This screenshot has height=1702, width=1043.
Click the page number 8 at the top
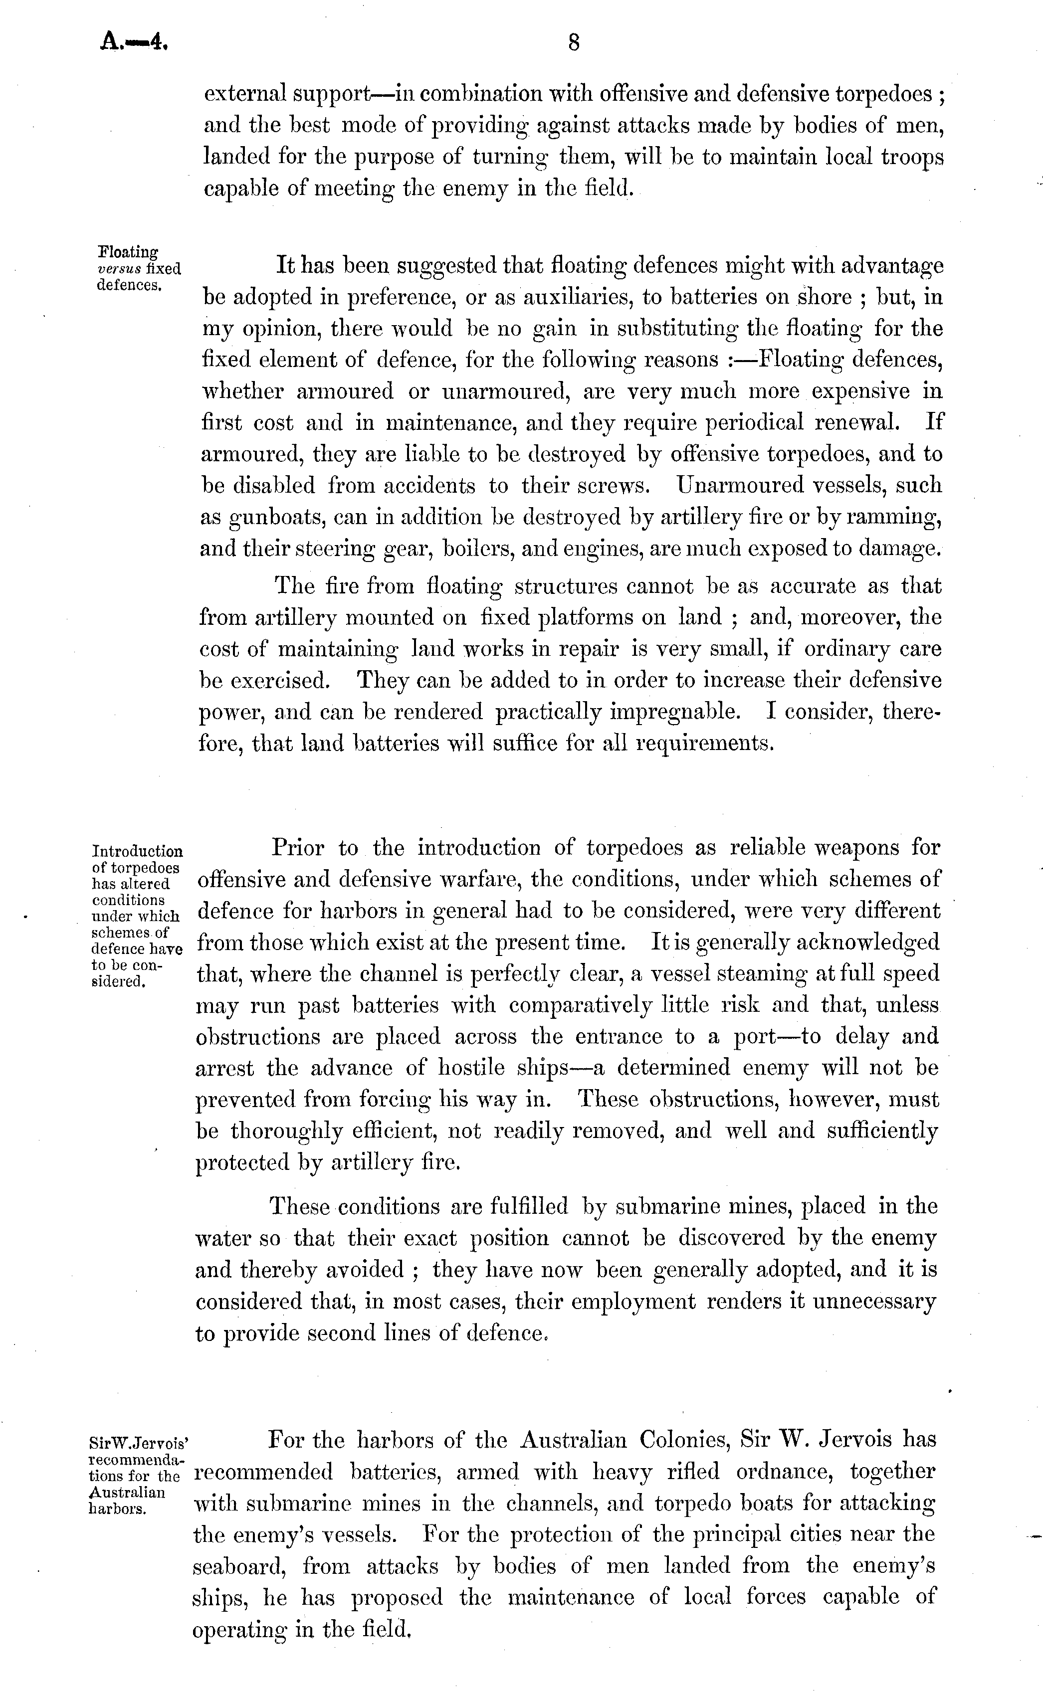[573, 43]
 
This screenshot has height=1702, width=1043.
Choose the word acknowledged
[867, 943]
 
